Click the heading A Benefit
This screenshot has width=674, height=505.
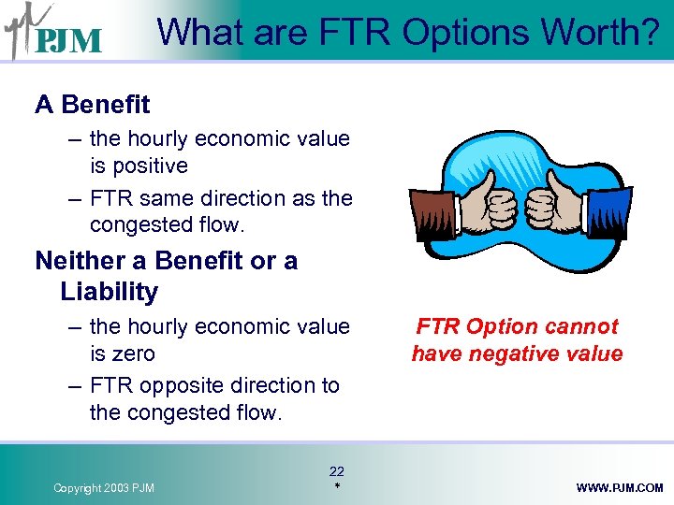pyautogui.click(x=92, y=105)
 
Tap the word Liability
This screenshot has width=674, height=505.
pyautogui.click(x=109, y=292)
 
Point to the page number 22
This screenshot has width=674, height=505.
pyautogui.click(x=337, y=471)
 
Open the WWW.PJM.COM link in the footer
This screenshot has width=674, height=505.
pyautogui.click(x=620, y=488)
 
